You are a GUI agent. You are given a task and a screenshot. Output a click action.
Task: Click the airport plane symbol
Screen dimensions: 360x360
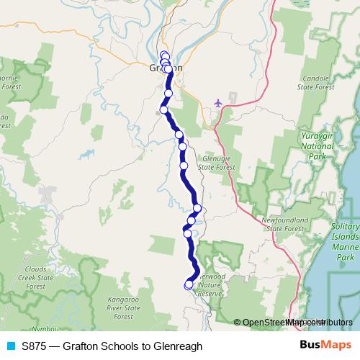point(218,103)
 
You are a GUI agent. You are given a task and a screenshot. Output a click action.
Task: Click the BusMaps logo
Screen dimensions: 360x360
point(325,346)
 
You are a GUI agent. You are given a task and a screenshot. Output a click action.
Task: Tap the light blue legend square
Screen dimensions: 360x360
point(9,346)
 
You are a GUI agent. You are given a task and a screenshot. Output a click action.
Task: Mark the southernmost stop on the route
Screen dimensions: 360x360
point(189,284)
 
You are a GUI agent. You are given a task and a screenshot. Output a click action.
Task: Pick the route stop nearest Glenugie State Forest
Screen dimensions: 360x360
point(184,166)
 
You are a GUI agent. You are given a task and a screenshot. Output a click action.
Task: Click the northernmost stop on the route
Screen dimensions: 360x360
point(164,55)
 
